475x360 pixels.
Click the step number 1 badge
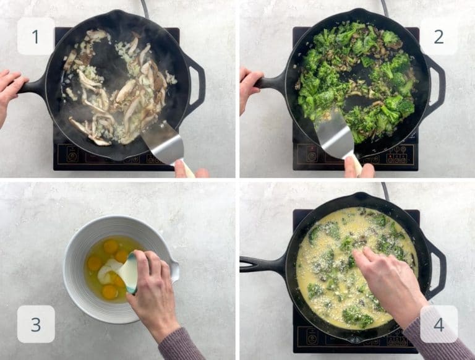pos(35,36)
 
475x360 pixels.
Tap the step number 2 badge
pos(439,36)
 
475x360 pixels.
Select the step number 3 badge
pos(35,324)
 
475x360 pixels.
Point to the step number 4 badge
pos(439,324)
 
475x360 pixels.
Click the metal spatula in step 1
pos(163,142)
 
